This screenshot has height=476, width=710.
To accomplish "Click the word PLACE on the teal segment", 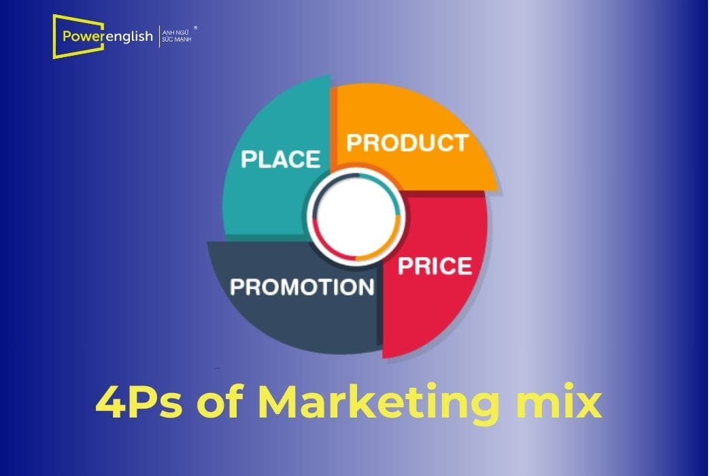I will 281,159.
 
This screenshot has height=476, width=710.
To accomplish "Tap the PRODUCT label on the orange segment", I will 407,143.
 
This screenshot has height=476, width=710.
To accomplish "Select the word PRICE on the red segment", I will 435,265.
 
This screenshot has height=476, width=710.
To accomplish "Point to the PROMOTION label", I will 302,287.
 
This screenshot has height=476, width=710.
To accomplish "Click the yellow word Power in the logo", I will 82,35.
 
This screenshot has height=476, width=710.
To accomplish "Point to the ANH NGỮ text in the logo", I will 175,31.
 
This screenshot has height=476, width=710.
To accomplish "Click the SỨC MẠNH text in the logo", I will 176,39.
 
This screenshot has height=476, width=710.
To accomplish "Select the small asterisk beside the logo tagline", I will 197,28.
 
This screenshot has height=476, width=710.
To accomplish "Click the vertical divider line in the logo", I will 158,35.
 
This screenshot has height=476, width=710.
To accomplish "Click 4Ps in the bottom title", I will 139,403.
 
